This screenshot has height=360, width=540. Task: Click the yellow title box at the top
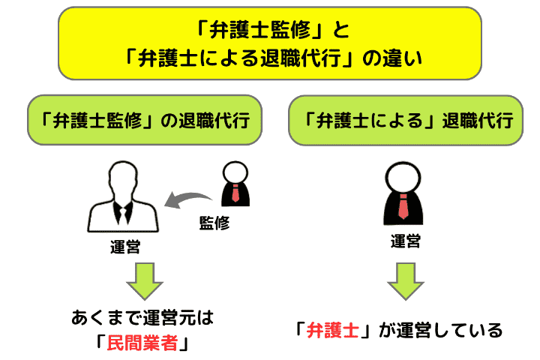click(x=269, y=43)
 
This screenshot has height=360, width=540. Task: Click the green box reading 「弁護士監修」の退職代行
click(x=145, y=119)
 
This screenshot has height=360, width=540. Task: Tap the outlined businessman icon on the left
click(x=123, y=197)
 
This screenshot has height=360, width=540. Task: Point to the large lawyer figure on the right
click(x=405, y=195)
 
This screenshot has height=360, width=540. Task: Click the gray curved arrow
click(x=190, y=197)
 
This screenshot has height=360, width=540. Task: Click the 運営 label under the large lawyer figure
click(x=405, y=241)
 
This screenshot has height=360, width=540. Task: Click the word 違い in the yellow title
click(x=412, y=58)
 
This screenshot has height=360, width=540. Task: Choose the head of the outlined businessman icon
click(x=123, y=178)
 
